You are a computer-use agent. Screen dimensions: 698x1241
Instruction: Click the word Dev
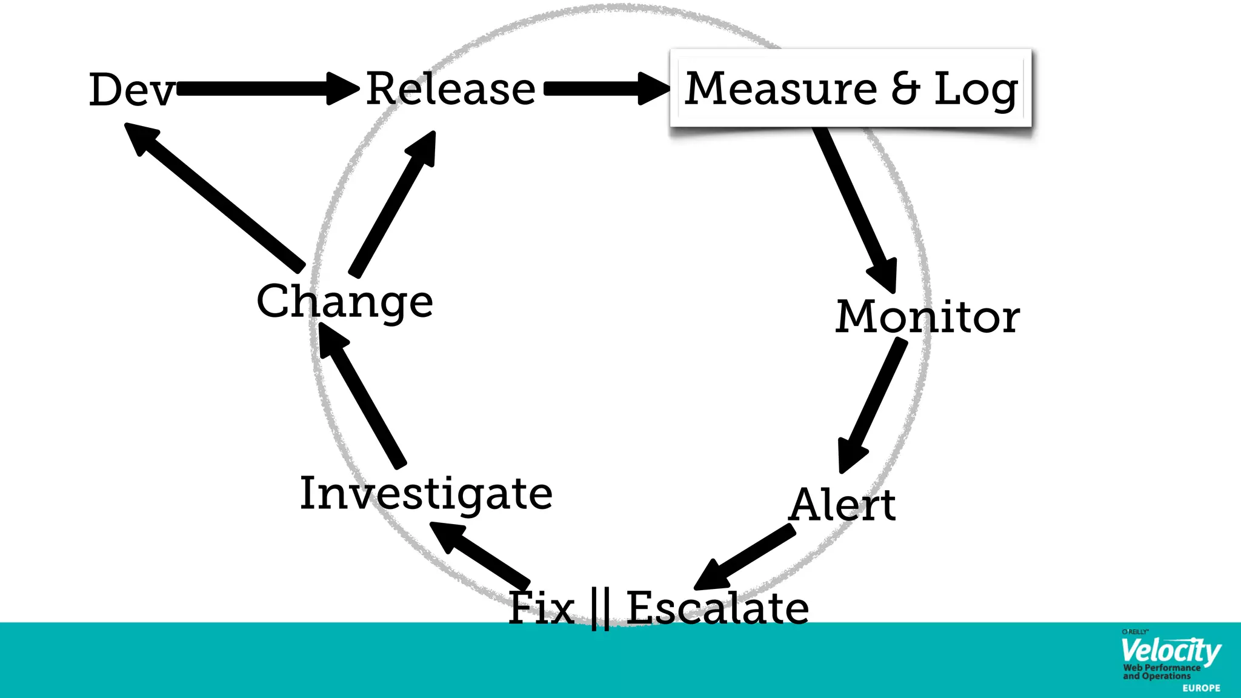click(131, 90)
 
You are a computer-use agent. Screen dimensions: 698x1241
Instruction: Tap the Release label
click(451, 89)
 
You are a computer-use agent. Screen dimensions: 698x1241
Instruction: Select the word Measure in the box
click(781, 88)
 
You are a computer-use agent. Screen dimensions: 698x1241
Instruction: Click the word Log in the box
click(976, 90)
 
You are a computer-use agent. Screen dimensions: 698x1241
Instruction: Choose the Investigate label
click(426, 493)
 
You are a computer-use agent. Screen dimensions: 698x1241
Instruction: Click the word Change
click(344, 301)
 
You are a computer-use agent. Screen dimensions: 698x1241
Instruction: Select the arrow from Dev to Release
click(267, 89)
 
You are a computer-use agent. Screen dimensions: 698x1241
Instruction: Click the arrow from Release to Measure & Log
click(606, 89)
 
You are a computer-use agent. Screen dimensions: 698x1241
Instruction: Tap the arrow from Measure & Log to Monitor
click(854, 206)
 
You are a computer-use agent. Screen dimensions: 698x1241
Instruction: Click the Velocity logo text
click(1169, 651)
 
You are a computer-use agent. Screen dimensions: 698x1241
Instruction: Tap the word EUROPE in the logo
click(1201, 688)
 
